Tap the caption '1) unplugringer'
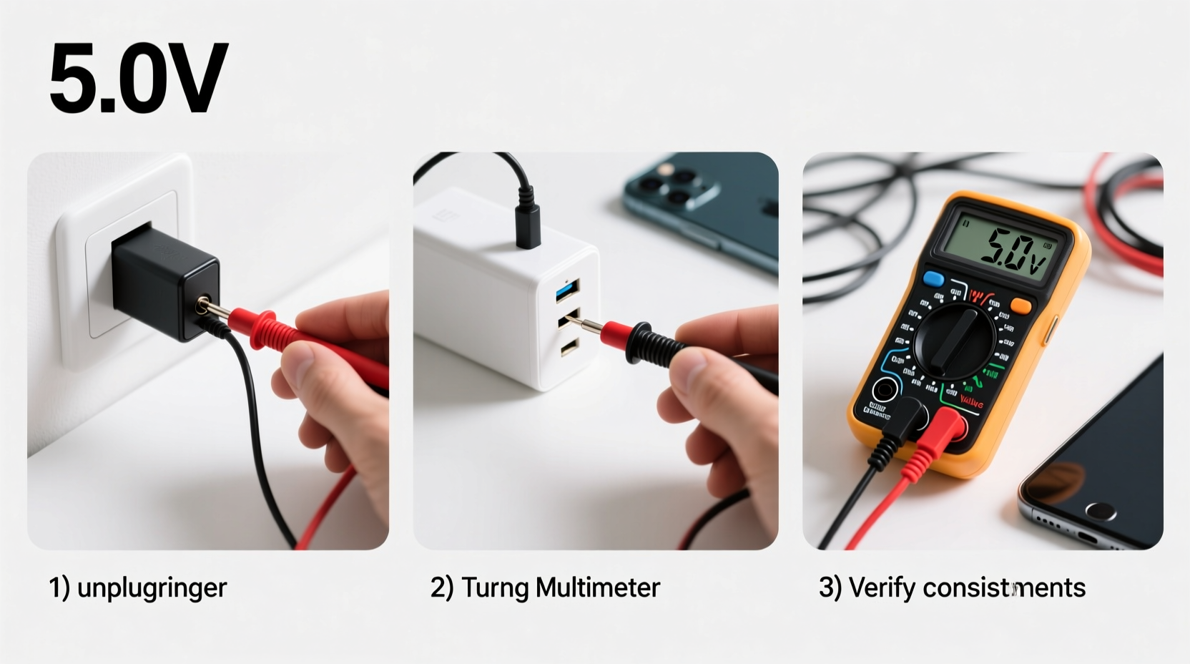138,587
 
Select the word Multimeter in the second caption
597,587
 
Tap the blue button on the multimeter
933,279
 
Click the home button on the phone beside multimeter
1101,511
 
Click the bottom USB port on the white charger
569,348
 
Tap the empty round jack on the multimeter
885,391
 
